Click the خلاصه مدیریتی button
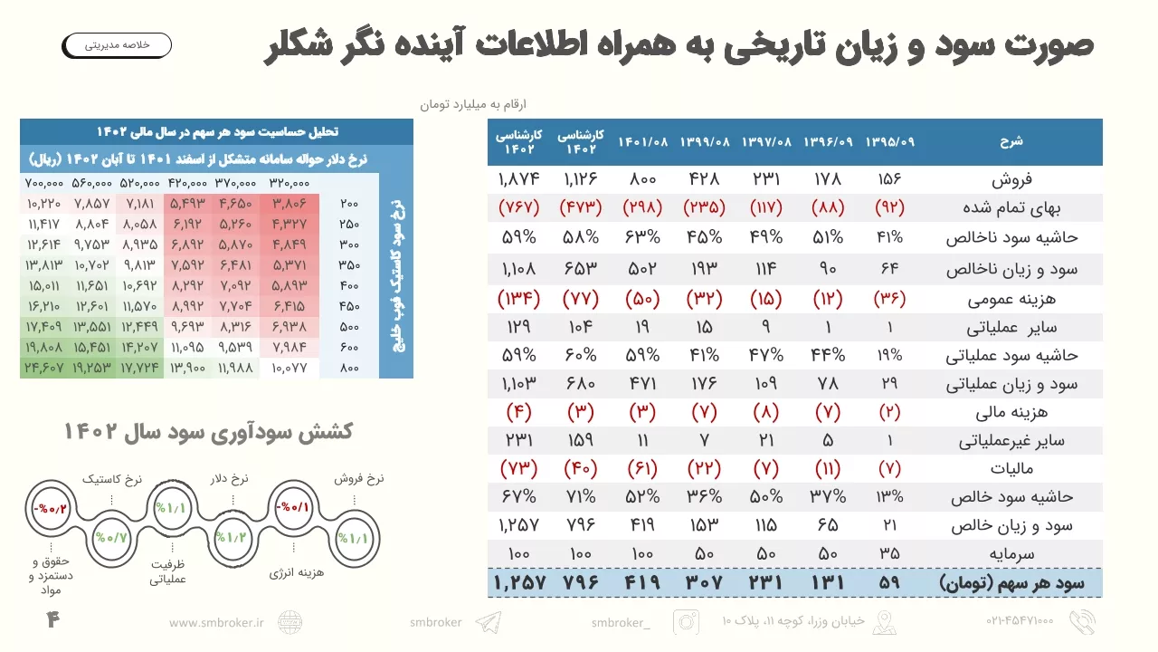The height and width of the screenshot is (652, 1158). [117, 44]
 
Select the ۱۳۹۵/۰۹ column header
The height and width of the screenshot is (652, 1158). [889, 141]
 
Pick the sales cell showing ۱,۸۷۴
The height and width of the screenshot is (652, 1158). [518, 179]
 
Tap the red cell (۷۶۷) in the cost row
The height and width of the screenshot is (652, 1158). [518, 207]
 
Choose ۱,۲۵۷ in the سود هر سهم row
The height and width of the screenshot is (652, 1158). [518, 582]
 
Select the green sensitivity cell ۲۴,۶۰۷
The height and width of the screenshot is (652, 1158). [44, 368]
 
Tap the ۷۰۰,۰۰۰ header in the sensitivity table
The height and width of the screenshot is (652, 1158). [44, 182]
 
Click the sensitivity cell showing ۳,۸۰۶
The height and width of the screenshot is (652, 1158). [289, 203]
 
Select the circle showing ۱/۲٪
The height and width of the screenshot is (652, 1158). [231, 538]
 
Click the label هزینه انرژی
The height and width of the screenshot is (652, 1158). [297, 572]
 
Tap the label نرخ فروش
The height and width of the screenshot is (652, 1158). [359, 478]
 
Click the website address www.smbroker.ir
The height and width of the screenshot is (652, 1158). [216, 622]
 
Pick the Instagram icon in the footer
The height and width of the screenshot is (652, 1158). [687, 622]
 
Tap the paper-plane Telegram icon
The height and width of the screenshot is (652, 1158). [488, 622]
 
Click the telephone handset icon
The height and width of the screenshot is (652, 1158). [1081, 621]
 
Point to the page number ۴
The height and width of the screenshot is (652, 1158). [52, 620]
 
